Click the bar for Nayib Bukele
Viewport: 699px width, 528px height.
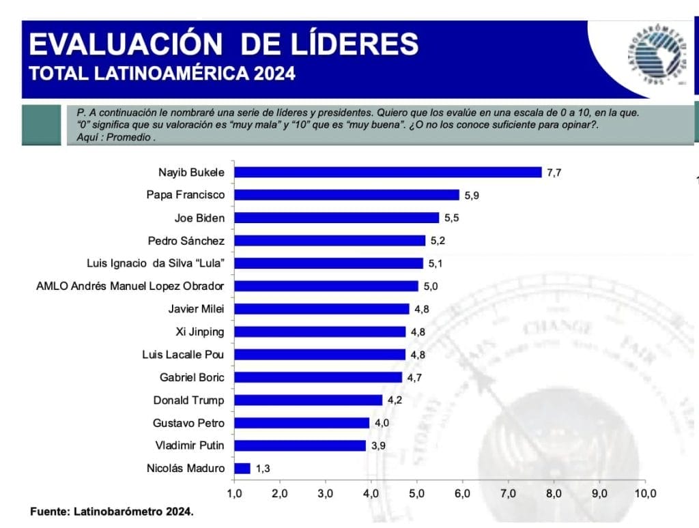click(388, 172)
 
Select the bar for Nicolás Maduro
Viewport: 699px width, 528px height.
click(242, 469)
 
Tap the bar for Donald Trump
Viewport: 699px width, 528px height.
click(308, 400)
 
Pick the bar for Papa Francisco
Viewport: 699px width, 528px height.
click(347, 195)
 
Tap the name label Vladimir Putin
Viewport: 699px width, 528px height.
click(189, 445)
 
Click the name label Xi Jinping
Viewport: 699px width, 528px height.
click(200, 332)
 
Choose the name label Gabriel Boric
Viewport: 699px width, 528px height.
click(192, 377)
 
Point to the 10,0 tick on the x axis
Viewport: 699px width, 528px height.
click(645, 493)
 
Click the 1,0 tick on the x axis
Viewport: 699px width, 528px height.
click(234, 493)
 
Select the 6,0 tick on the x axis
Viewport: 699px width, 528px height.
click(463, 493)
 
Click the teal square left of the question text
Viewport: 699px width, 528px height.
click(41, 124)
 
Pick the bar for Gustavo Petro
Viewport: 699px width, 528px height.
click(302, 423)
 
